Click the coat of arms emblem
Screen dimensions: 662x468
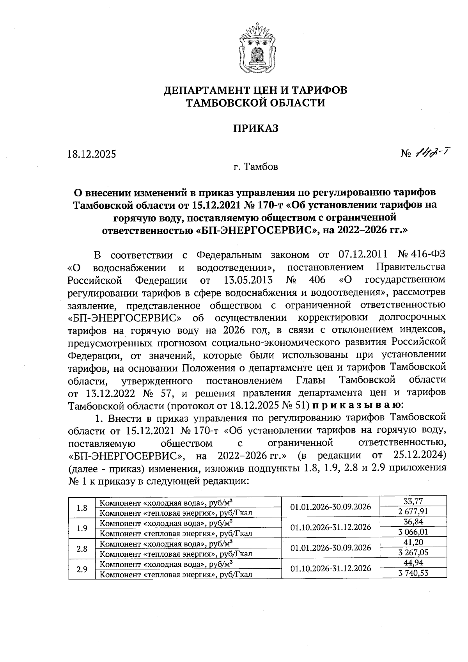pyautogui.click(x=256, y=50)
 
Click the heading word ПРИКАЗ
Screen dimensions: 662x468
pyautogui.click(x=256, y=128)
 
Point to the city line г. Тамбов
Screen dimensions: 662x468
pyautogui.click(x=256, y=167)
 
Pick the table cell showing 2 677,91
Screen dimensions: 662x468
pyautogui.click(x=413, y=511)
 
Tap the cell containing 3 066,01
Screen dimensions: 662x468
pyautogui.click(x=413, y=532)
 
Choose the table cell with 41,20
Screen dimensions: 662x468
pyautogui.click(x=413, y=542)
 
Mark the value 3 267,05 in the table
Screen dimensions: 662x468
pyautogui.click(x=413, y=552)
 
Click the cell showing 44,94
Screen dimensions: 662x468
pyautogui.click(x=413, y=563)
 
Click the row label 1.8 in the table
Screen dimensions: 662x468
pyautogui.click(x=82, y=508)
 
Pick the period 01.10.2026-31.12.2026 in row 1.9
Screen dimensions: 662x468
pyautogui.click(x=331, y=527)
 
